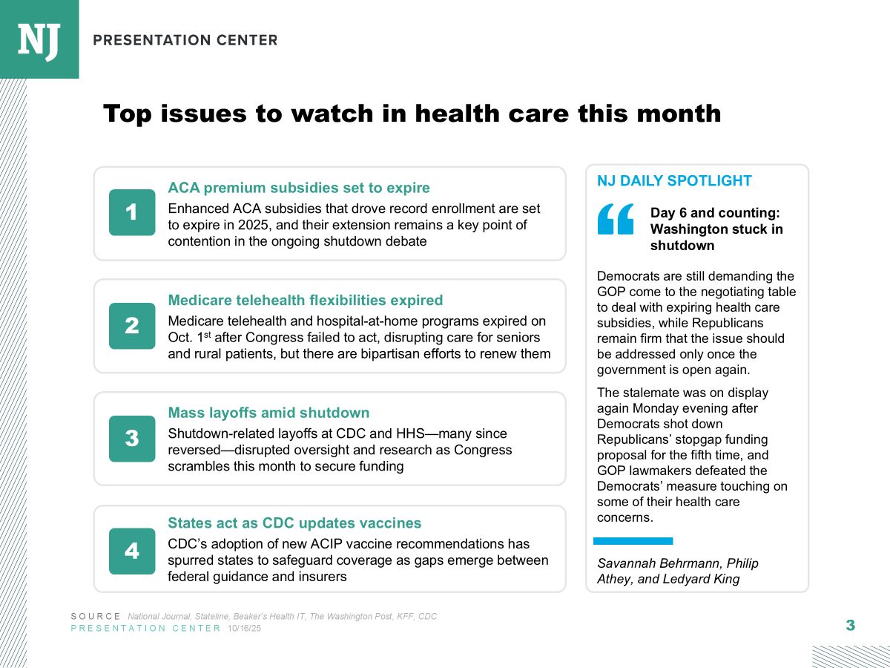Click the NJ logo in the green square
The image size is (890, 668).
[x=39, y=39]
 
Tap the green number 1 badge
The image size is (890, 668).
[x=132, y=213]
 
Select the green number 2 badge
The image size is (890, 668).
[x=132, y=326]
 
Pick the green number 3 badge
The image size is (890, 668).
[x=132, y=439]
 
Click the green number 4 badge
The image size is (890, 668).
[x=132, y=551]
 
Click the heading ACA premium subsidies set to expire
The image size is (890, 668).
[x=299, y=188]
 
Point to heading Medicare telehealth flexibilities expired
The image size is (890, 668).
[x=306, y=301]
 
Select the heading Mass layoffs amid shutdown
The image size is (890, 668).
[x=268, y=413]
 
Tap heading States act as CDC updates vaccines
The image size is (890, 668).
[x=294, y=523]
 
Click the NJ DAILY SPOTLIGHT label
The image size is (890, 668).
[x=674, y=181]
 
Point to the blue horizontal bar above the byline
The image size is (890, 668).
[x=633, y=541]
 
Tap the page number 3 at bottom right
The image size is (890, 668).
[x=850, y=626]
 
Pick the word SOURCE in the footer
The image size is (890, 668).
[x=96, y=617]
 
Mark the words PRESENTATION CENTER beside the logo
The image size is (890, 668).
[x=185, y=40]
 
